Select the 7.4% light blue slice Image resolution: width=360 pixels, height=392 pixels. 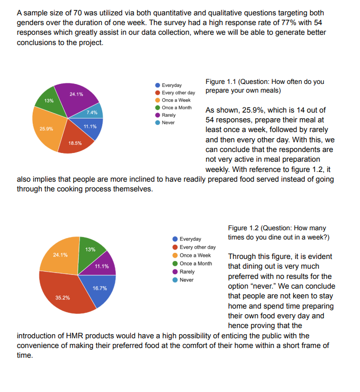coord(94,112)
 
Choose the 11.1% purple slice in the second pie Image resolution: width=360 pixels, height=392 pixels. coord(104,267)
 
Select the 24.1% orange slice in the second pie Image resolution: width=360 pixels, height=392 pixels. coord(58,255)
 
